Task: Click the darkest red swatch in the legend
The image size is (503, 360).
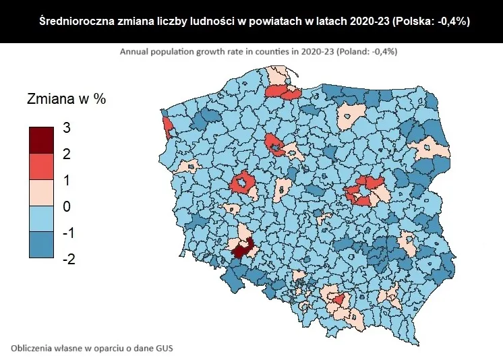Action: (40, 140)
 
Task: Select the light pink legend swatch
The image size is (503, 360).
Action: (40, 193)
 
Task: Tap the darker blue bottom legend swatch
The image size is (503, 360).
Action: (40, 245)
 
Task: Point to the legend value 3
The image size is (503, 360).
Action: (66, 128)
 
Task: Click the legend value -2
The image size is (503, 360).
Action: (68, 259)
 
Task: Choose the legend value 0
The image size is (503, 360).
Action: (66, 207)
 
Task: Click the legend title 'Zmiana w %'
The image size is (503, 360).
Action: (66, 99)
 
